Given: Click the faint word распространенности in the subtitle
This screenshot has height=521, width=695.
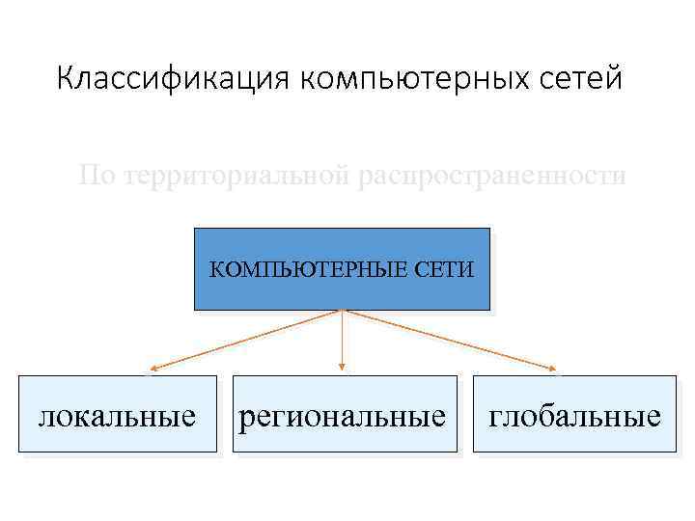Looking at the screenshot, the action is point(492,177).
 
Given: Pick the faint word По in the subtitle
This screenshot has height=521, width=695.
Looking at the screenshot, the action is point(96,177).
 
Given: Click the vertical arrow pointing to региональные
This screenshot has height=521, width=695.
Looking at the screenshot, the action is point(342,338).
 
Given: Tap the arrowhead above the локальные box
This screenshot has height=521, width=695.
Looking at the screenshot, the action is point(153,369).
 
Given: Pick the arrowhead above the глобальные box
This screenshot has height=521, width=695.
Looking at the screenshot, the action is point(554,369).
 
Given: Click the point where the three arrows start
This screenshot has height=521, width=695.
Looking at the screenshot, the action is point(342,310).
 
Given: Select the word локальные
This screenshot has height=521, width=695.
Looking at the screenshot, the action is point(117,417).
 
